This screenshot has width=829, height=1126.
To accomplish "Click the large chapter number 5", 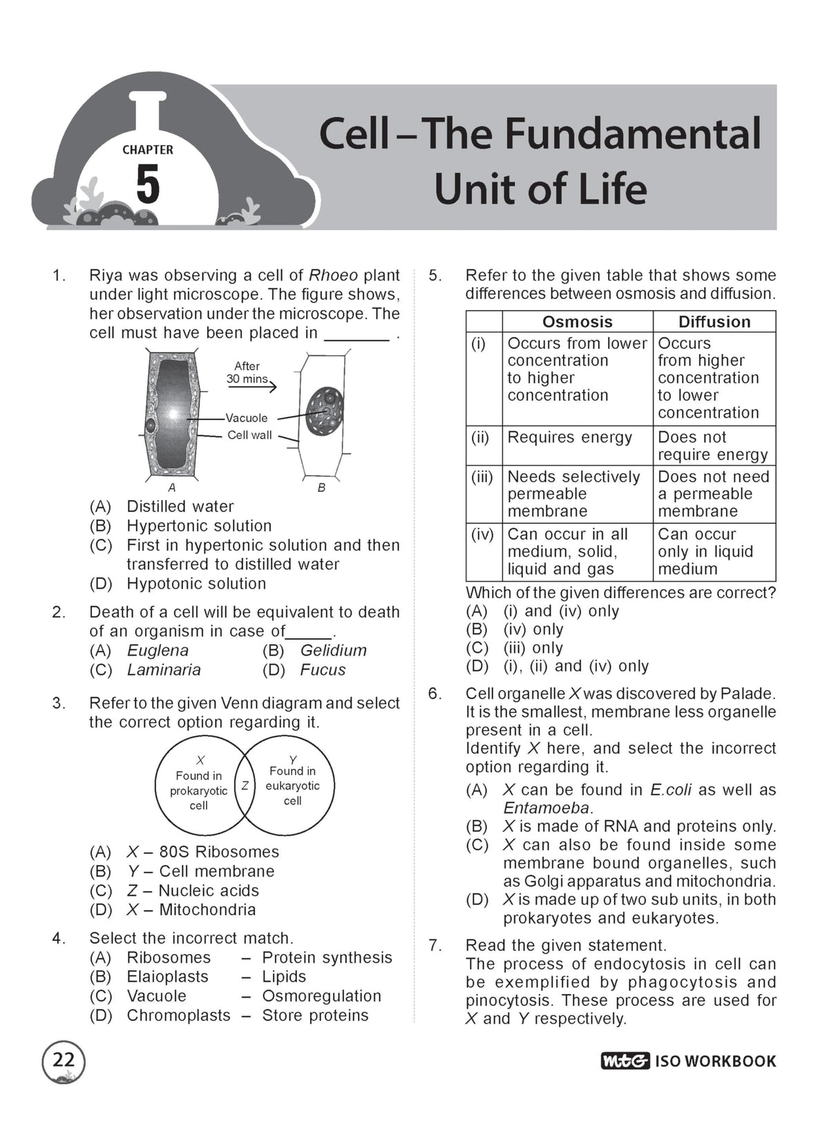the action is tap(148, 185).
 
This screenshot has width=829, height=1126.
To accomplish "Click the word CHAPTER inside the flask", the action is tap(148, 150).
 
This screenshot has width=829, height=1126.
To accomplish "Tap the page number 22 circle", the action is tap(64, 1060).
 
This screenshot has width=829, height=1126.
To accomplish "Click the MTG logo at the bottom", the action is tap(625, 1060).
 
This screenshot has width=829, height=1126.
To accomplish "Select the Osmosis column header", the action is tap(577, 322).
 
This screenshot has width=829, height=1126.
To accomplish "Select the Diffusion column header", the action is tap(714, 322).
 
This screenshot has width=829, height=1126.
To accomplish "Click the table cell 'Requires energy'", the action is tap(569, 437).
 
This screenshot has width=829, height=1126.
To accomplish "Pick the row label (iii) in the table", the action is tap(482, 477).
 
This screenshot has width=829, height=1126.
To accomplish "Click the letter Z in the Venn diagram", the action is tap(245, 785).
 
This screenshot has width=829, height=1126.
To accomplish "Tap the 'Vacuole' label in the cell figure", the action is tap(247, 418).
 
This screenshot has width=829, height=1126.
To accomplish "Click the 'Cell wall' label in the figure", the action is tap(249, 435).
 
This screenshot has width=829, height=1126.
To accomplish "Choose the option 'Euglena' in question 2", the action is tap(158, 651).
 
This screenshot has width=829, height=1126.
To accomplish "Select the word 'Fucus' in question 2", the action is tap(323, 669).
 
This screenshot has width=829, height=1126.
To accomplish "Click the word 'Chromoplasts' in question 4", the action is tap(178, 1015).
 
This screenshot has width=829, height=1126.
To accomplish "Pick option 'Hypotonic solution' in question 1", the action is tap(196, 584).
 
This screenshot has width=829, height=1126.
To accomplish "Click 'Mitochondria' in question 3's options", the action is tap(208, 909).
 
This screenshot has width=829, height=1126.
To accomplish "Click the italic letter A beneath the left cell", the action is tap(172, 487).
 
